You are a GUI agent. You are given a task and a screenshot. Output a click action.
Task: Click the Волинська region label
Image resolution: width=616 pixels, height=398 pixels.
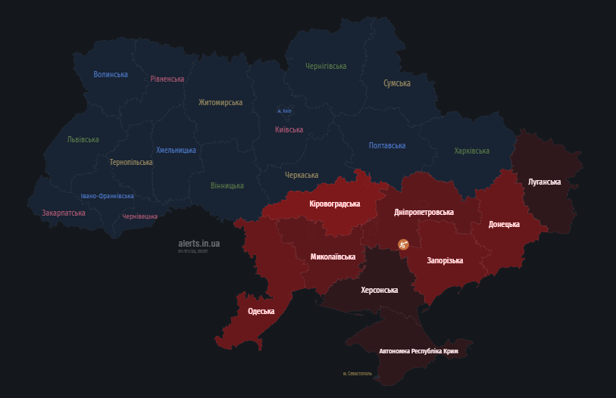point(111,74)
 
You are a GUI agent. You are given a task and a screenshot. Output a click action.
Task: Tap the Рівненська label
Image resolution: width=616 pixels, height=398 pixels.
point(167,79)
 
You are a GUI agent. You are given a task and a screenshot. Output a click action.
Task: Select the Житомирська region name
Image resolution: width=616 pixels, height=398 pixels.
point(220,102)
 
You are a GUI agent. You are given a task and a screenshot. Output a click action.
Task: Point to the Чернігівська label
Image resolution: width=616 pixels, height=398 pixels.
point(326,67)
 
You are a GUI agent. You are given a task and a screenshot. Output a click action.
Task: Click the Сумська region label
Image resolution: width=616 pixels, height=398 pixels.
point(397,83)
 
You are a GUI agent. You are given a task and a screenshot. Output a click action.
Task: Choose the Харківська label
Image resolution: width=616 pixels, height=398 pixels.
point(472,151)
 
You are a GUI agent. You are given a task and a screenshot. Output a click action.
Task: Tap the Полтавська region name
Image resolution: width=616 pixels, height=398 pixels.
point(387,145)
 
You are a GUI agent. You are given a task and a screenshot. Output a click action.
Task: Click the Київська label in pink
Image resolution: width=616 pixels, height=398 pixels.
point(289,129)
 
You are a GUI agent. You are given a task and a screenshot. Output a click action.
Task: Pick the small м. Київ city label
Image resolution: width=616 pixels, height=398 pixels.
point(284,111)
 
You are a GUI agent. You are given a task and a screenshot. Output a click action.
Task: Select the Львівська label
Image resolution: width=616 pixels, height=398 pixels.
point(83,139)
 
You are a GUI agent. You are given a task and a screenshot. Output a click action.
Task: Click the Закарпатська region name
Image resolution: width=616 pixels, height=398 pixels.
point(64,213)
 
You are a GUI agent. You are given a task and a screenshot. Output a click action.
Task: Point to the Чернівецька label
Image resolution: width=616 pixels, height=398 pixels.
point(140,216)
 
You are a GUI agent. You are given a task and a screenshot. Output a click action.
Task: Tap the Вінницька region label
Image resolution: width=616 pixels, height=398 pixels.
point(227,185)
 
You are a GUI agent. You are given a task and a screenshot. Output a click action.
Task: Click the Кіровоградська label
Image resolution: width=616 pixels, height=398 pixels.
point(335,204)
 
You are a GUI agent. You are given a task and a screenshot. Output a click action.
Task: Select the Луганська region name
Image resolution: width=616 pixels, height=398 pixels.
point(544,182)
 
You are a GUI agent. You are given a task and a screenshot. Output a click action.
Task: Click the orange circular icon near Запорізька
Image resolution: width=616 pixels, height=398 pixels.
point(404,244)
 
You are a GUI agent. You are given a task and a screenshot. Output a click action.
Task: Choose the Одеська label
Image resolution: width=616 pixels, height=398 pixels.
point(261,311)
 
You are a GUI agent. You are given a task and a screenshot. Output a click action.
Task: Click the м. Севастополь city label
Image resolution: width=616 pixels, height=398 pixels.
point(358,374)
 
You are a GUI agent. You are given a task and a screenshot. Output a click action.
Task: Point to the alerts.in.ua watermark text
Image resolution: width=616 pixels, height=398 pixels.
point(199,244)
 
